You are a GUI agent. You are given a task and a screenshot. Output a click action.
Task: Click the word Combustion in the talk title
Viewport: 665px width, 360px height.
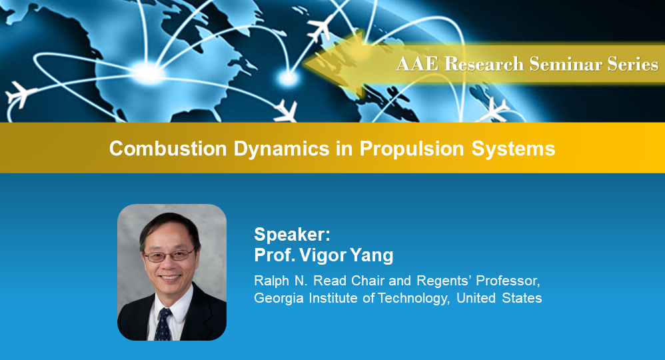169,149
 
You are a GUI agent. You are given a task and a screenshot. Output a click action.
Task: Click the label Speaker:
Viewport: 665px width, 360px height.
292,235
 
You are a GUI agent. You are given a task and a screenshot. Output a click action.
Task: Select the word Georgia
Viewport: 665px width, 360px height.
275,297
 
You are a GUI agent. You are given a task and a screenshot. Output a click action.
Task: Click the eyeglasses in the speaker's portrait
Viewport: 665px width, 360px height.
169,255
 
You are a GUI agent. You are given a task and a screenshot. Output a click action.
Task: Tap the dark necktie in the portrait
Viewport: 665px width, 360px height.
164,323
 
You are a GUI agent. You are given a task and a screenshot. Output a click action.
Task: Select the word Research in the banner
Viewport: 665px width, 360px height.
482,64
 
